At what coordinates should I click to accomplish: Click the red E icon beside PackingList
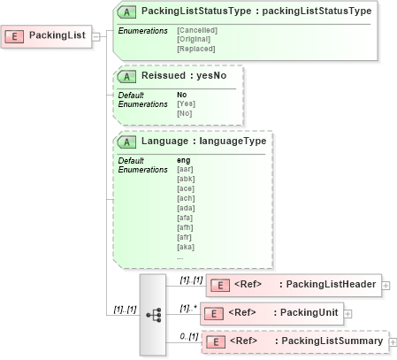click(x=15, y=36)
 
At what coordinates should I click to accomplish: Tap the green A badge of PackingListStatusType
click(x=126, y=11)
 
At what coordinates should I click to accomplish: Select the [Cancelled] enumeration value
click(x=197, y=31)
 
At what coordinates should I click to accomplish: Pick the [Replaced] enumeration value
click(x=196, y=49)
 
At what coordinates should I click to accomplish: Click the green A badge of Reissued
click(x=126, y=76)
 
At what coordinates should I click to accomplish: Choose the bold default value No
click(x=181, y=95)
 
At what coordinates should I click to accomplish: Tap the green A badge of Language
click(x=126, y=142)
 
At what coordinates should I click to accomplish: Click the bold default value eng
click(x=183, y=160)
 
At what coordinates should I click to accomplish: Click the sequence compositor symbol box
click(x=153, y=314)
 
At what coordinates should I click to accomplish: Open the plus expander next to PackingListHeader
click(x=386, y=285)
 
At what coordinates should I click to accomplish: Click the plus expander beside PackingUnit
click(x=348, y=313)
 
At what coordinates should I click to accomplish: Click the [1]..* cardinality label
click(x=188, y=308)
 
